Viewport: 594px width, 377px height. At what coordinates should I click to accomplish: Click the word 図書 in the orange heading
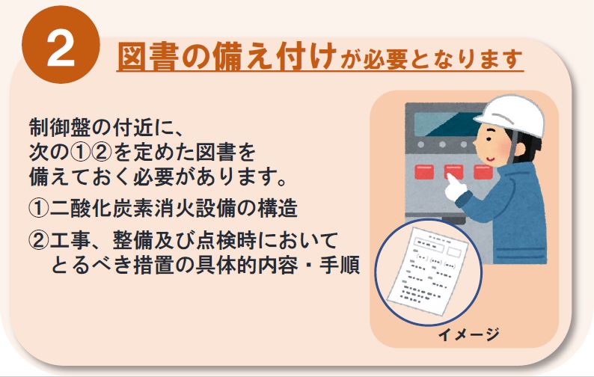click(147, 58)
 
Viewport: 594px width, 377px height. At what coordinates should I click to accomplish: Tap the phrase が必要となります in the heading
click(431, 60)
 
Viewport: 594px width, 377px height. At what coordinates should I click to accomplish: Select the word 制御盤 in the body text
click(60, 128)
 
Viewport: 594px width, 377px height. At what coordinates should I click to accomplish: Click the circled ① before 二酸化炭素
click(38, 209)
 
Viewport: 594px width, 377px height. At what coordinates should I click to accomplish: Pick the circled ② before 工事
click(38, 241)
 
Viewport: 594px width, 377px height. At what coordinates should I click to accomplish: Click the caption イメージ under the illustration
click(468, 334)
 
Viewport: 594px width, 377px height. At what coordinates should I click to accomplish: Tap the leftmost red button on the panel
click(424, 172)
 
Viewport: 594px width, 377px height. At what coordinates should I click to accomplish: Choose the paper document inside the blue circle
click(428, 270)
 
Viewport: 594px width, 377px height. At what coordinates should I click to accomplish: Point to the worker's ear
click(519, 149)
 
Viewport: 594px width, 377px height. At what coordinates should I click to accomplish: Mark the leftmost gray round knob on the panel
click(421, 144)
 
